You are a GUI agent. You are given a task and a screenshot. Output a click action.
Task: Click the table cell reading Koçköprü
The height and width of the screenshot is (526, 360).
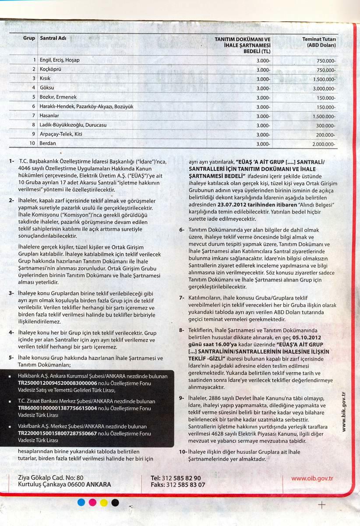[50, 69]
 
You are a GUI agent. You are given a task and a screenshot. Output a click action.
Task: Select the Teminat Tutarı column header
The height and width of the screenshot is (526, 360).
[319, 42]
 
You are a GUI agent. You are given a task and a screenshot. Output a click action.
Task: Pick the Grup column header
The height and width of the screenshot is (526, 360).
[29, 38]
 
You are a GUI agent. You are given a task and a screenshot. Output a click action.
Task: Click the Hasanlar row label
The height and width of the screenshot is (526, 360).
[51, 116]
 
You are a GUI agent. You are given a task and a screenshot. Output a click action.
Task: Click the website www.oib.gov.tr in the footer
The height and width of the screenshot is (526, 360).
[312, 478]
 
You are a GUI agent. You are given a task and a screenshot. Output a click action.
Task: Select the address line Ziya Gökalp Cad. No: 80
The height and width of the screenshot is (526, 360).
[50, 478]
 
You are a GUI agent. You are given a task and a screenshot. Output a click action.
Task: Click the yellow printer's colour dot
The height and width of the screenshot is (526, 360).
[104, 502]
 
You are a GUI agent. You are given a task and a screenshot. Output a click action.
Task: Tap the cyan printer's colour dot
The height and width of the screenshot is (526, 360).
[81, 502]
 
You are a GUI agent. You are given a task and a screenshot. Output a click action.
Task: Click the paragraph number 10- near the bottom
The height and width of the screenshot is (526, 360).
[183, 452]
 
